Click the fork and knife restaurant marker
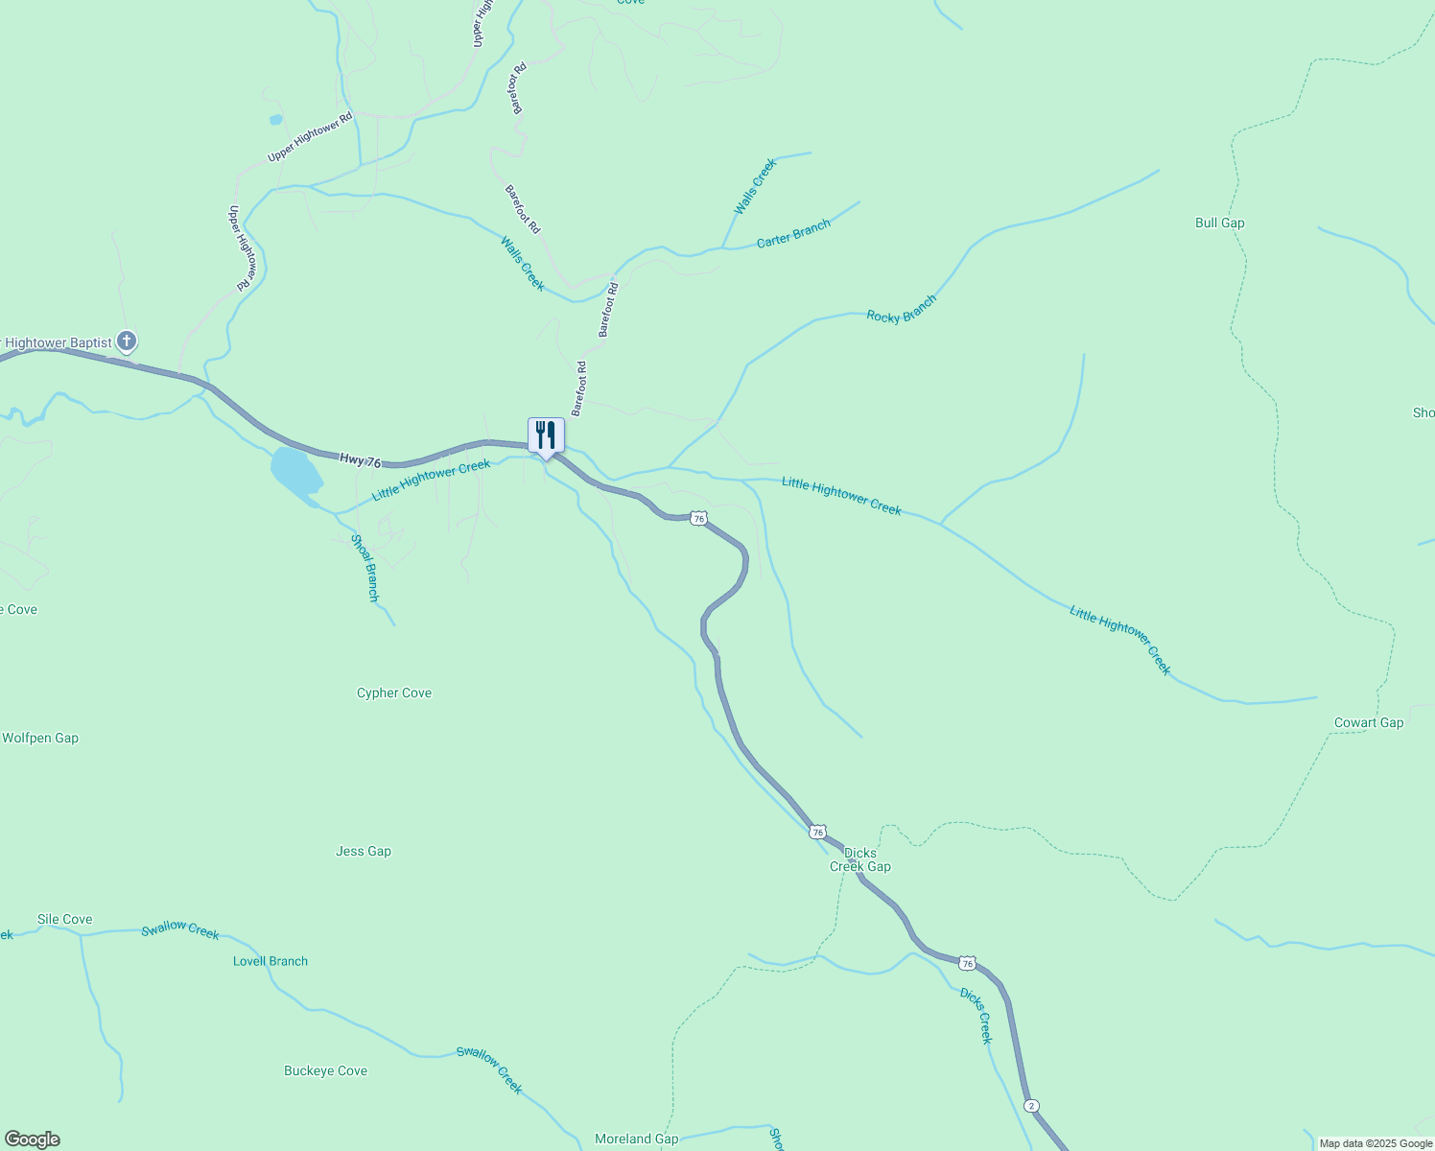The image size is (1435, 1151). (546, 435)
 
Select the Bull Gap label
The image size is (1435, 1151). (1219, 223)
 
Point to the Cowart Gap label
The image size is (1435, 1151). (1368, 722)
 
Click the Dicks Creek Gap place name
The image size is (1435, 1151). (859, 859)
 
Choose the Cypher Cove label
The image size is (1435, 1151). (394, 693)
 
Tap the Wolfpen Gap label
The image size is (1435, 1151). (40, 738)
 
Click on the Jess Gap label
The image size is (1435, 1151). (364, 851)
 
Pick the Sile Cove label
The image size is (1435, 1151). (65, 919)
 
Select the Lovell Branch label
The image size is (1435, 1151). (271, 961)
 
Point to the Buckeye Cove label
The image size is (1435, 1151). (325, 1070)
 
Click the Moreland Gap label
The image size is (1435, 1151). (636, 1139)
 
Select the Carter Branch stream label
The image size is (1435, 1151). (793, 234)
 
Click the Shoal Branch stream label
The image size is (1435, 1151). (365, 568)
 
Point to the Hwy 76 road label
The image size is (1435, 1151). (360, 460)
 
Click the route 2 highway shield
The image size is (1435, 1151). (1031, 1105)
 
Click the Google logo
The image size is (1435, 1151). (32, 1139)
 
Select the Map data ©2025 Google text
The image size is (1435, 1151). (1376, 1143)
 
